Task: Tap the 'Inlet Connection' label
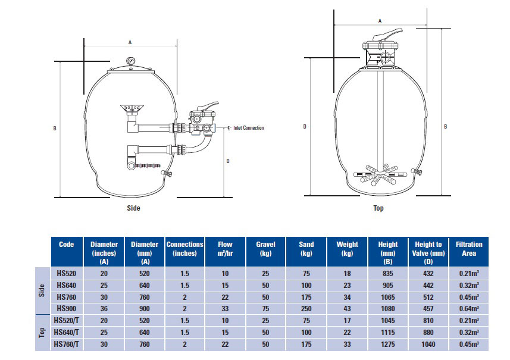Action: (x=248, y=127)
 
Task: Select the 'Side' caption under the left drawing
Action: (x=133, y=208)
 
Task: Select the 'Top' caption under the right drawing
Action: (x=378, y=208)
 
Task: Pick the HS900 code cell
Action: (x=66, y=308)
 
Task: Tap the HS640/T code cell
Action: (x=66, y=332)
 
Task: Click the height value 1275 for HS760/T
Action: (x=387, y=343)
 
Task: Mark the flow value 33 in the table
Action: (x=225, y=308)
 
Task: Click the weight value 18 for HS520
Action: (x=347, y=273)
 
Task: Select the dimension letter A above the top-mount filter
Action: (x=380, y=20)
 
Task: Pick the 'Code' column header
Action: (x=66, y=244)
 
